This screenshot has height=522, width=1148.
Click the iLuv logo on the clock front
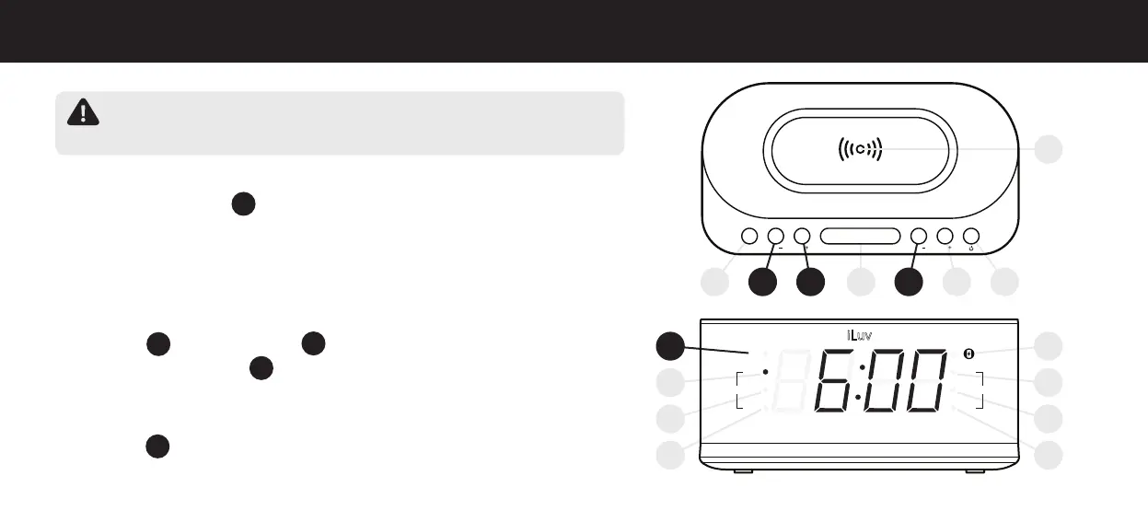(859, 335)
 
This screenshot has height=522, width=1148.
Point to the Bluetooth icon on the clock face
(968, 354)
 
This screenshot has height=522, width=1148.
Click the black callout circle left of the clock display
(672, 347)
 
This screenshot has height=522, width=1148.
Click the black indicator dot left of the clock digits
(765, 373)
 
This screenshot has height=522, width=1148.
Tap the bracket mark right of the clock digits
(981, 389)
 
